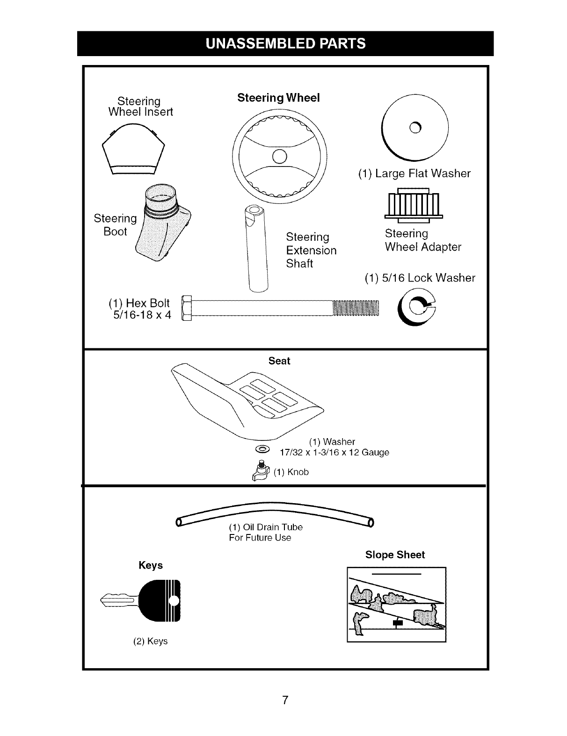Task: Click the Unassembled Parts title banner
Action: coord(285,43)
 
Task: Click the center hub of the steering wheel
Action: coord(279,155)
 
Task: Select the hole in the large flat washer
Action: coord(415,127)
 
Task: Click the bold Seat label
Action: coord(279,361)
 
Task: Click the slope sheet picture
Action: coord(396,604)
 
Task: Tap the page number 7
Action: coord(284,700)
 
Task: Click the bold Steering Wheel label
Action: coord(278,98)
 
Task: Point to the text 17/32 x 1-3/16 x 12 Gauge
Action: coord(334,453)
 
